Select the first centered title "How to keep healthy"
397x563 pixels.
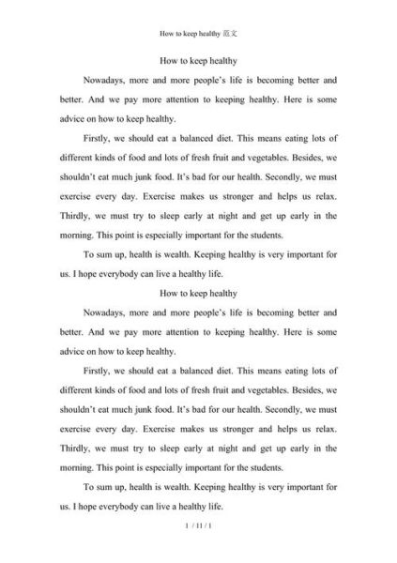[x=198, y=59]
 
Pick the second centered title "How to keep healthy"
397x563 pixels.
[x=198, y=293]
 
